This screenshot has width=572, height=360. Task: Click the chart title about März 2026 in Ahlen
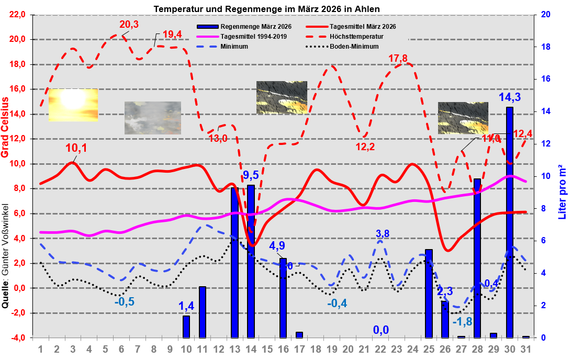pos(266,9)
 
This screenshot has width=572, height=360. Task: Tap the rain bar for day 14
pos(251,262)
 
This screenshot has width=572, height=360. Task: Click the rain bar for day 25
pos(429,294)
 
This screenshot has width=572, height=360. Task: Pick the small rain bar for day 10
pos(186,327)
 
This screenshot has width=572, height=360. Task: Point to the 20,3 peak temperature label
pos(129,24)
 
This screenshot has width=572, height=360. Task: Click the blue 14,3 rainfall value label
pos(509,97)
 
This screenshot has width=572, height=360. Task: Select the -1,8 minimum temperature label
pos(463,321)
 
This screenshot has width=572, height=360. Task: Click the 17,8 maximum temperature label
pos(398,58)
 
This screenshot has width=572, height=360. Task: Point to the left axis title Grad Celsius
pos(6,127)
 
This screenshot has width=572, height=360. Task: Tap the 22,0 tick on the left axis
pos(16,15)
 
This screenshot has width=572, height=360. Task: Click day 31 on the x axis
pos(526,348)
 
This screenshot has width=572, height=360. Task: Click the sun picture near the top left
pos(73,105)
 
